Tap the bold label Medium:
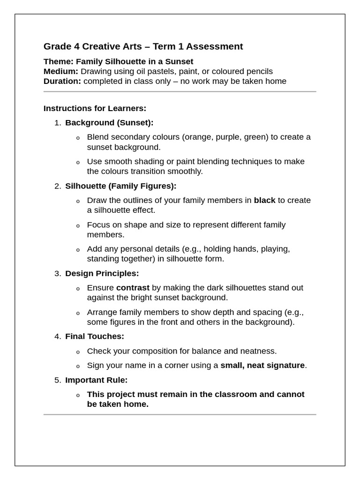click(x=61, y=71)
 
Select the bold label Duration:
click(x=62, y=81)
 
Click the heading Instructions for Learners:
click(x=95, y=108)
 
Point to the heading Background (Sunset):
click(x=109, y=122)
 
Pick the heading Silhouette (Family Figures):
click(x=121, y=186)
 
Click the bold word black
click(x=264, y=200)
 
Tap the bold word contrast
click(x=133, y=287)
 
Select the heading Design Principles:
click(x=102, y=273)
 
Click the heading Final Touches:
click(x=95, y=336)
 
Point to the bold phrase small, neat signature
click(x=262, y=365)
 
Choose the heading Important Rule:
click(x=96, y=380)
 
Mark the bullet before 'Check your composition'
click(x=78, y=352)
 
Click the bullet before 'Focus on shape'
click(x=78, y=225)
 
